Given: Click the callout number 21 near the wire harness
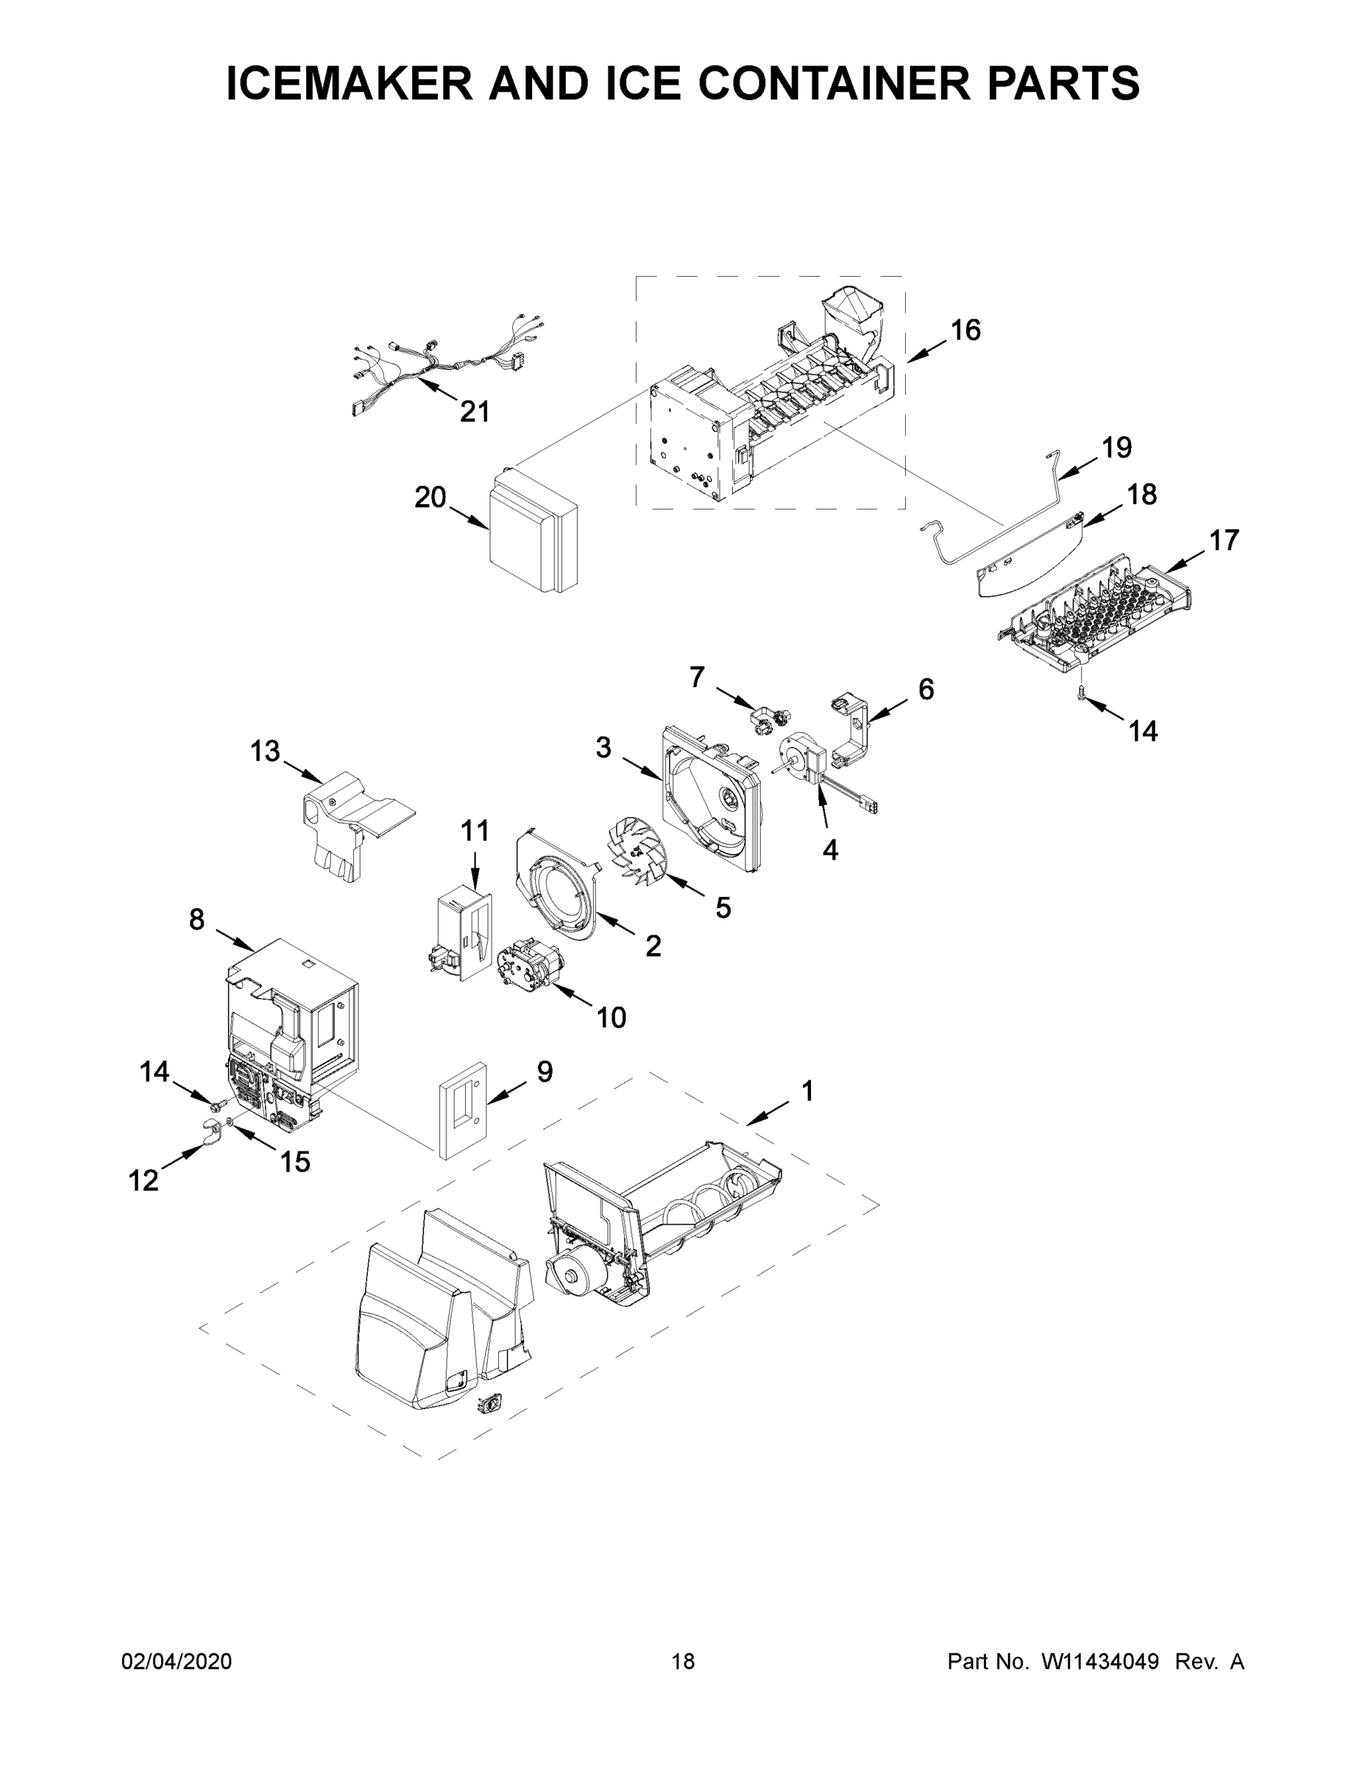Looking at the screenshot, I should click(x=475, y=411).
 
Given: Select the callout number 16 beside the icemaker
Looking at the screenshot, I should click(x=965, y=330).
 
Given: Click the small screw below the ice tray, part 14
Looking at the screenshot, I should click(x=1081, y=689).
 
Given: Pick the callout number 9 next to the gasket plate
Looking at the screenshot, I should click(x=545, y=1071).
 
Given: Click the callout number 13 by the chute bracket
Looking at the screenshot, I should click(x=264, y=751).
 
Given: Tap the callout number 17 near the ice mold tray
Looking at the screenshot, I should click(x=1224, y=540).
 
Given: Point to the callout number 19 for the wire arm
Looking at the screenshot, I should click(x=1117, y=447).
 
